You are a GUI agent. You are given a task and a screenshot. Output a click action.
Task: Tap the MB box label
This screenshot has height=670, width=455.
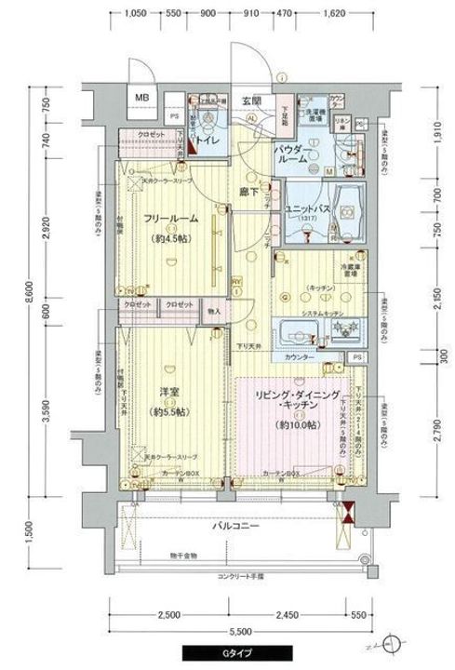point(142,98)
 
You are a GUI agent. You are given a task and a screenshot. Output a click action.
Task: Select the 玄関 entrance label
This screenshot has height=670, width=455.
point(252,100)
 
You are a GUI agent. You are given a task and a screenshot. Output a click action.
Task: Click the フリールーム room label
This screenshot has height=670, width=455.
point(168,219)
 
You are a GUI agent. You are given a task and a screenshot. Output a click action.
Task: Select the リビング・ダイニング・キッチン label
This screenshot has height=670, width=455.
point(292,403)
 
